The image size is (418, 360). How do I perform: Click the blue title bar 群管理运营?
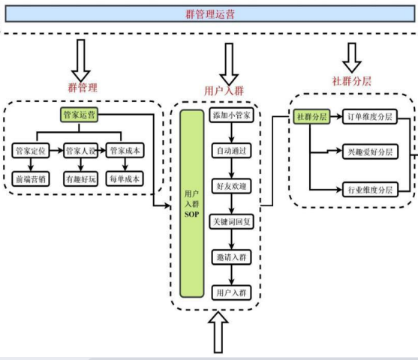tap(210, 13)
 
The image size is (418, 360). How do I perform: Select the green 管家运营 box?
tap(79, 115)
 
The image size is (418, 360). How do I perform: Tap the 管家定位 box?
tap(31, 151)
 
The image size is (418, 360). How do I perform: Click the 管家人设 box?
tap(80, 151)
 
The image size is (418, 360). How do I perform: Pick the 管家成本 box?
tap(125, 151)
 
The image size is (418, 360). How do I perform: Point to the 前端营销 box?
tap(31, 178)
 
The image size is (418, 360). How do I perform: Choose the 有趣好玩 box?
tap(80, 178)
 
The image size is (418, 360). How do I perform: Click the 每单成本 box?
tap(125, 178)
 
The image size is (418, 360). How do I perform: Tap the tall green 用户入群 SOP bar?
tap(192, 203)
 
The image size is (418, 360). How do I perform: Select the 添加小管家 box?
tap(231, 115)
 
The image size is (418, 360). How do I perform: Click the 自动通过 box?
tap(231, 151)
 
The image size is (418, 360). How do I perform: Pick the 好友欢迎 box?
tap(231, 186)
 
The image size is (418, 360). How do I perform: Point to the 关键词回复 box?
tap(231, 222)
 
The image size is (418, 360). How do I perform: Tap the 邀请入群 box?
tap(231, 257)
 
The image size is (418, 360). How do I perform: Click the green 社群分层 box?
tap(311, 117)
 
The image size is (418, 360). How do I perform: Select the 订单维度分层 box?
tap(370, 117)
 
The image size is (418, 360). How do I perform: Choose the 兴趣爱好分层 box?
tap(370, 152)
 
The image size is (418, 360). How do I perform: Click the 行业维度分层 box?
tap(370, 190)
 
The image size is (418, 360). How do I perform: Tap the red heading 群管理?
tap(83, 88)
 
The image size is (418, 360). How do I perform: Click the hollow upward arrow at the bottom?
tap(218, 332)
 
